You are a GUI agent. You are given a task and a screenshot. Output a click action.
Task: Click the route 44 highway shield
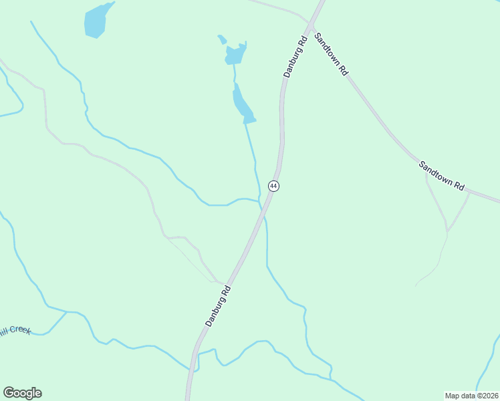[x=273, y=185]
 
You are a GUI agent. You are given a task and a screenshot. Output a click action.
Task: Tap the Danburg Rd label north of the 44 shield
[x=295, y=57]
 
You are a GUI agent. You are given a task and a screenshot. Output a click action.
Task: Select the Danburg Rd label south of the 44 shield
[x=218, y=306]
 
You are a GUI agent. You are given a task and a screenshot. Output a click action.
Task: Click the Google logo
[x=22, y=393]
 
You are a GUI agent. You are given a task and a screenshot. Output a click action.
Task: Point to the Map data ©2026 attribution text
[x=472, y=396]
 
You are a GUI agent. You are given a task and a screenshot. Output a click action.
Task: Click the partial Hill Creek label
[x=15, y=329]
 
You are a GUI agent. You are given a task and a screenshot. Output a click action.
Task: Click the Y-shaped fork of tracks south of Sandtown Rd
[x=447, y=231]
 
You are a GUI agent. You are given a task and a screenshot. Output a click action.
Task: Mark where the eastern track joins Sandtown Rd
[x=469, y=192]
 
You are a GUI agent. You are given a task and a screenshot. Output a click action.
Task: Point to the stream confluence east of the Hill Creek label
[x=67, y=312]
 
